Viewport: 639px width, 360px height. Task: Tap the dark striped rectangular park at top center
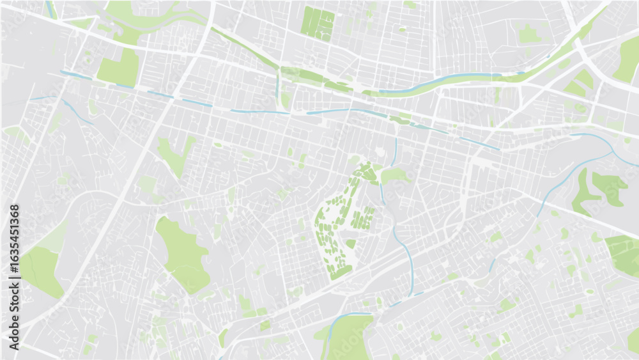(x=318, y=24)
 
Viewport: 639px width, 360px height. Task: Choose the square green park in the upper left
(x=119, y=68)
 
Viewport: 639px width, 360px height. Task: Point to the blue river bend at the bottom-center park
(x=345, y=315)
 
